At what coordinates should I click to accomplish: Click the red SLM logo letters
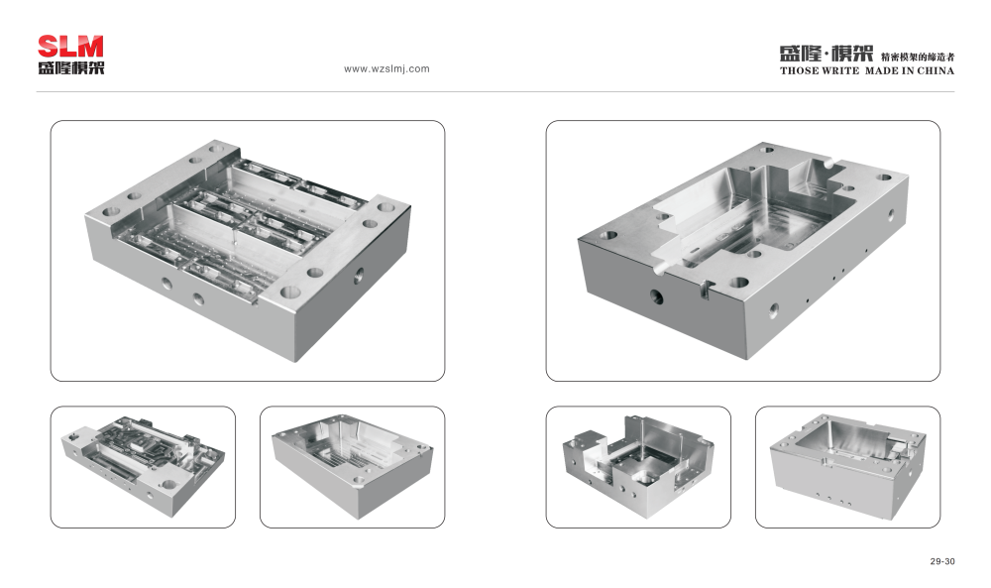pyautogui.click(x=70, y=47)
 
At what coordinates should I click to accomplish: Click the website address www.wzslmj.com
pyautogui.click(x=386, y=69)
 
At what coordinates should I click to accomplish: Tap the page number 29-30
pyautogui.click(x=942, y=561)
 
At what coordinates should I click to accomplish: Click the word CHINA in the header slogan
pyautogui.click(x=936, y=70)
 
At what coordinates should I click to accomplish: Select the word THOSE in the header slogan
pyautogui.click(x=799, y=70)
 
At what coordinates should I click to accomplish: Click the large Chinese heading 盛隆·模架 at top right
pyautogui.click(x=826, y=54)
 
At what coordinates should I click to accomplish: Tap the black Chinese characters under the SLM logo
pyautogui.click(x=70, y=67)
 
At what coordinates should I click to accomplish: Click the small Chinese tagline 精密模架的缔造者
pyautogui.click(x=918, y=57)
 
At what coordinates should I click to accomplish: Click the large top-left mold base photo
pyautogui.click(x=248, y=251)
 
